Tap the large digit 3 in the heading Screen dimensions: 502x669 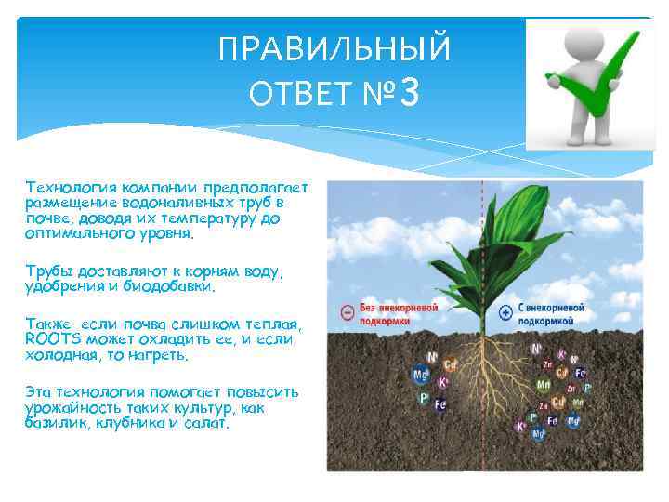point(412,93)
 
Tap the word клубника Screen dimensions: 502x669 point(125,423)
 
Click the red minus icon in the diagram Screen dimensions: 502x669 point(347,312)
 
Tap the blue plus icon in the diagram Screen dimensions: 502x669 point(506,312)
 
